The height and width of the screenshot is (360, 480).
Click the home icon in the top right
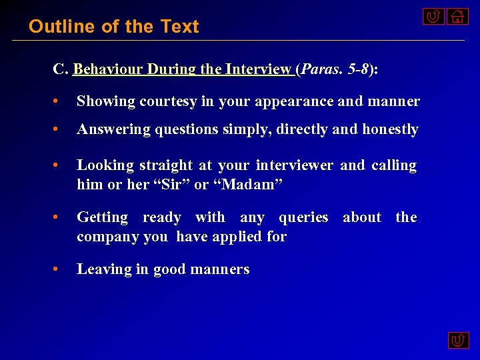pos(457,16)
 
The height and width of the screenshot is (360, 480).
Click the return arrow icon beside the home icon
pos(433,16)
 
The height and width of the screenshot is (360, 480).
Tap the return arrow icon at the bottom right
pos(457,341)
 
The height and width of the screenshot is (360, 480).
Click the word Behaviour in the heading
pos(108,69)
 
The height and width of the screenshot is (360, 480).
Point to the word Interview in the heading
pos(258,69)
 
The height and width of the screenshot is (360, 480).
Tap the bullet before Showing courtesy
pos(59,101)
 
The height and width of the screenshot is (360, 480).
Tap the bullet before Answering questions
pos(59,129)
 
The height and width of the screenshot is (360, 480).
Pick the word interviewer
pos(295,165)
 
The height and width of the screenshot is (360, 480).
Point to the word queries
pos(303,217)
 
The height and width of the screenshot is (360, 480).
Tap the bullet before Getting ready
pos(59,217)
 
